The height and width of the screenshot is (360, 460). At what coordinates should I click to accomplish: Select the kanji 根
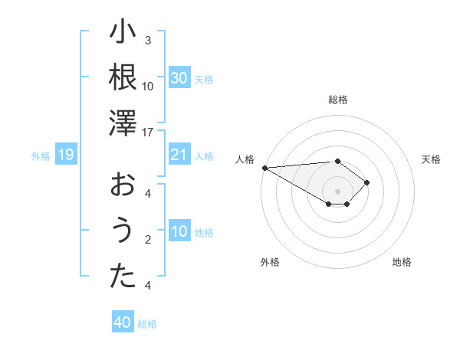123,78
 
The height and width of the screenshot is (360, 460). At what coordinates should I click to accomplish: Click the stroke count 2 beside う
148,240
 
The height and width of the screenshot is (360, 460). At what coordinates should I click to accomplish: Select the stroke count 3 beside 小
148,41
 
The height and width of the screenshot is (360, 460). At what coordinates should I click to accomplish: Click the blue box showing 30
179,78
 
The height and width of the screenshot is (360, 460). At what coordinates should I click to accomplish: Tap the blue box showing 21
179,155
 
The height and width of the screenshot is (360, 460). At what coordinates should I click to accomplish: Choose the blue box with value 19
66,155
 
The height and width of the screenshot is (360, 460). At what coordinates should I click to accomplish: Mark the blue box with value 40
123,322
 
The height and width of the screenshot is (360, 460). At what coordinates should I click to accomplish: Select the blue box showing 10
179,232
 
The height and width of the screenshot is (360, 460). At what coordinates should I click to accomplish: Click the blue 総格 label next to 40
147,324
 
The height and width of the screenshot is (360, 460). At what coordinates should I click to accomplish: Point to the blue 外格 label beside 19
41,156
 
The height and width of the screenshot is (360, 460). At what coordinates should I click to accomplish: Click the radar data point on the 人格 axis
264,167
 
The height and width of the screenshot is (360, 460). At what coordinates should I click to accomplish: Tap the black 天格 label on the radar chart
431,159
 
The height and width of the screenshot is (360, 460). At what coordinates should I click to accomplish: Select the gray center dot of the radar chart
337,191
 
